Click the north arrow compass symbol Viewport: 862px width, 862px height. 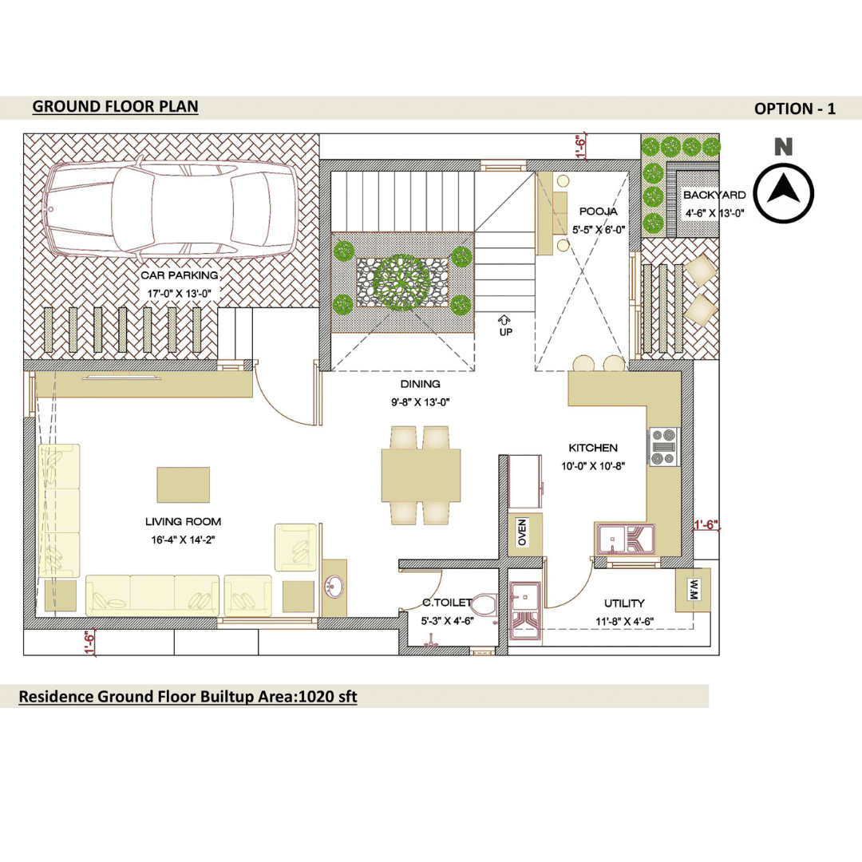coord(783,193)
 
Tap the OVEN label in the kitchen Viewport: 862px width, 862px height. coord(522,532)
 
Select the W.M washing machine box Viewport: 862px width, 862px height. coord(694,590)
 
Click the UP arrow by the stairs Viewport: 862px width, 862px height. coord(504,320)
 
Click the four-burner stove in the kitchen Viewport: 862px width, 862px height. coord(663,447)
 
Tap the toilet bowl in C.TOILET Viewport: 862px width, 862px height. coord(484,605)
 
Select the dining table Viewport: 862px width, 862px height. coord(421,475)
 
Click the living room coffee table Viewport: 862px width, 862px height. coord(183,485)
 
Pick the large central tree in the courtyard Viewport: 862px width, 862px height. coord(401,283)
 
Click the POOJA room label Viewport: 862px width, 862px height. coord(598,211)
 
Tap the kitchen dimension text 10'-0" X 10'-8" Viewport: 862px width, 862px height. coord(593,466)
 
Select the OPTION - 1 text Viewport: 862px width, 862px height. coord(794,109)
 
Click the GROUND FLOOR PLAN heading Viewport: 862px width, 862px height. coord(116,107)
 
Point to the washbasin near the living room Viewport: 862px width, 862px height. coord(334,587)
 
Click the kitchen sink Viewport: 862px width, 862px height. coord(625,540)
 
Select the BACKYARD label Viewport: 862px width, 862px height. coord(714,196)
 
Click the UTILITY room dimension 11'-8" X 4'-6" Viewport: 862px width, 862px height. coord(624,622)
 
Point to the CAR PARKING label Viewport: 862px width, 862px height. coord(180,275)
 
